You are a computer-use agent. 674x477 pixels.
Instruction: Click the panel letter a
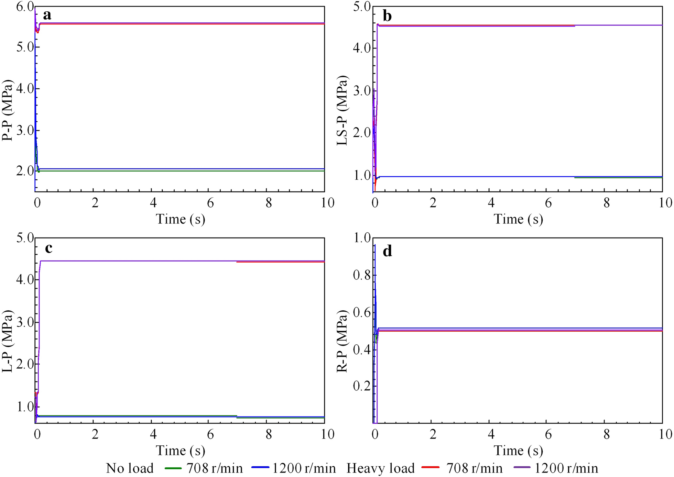[47, 15]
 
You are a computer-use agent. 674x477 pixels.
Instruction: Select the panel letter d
[387, 251]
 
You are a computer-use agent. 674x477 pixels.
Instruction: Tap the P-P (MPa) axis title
[8, 110]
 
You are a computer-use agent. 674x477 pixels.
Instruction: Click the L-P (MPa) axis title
[8, 341]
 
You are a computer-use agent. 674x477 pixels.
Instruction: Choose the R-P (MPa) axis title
[342, 341]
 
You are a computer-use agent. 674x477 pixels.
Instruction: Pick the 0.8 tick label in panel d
[362, 275]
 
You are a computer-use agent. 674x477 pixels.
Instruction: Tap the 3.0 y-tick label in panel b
[362, 91]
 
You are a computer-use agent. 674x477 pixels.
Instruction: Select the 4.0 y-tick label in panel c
[25, 279]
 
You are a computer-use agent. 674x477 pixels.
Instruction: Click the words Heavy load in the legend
[380, 468]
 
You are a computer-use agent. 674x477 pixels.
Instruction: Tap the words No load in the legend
[130, 468]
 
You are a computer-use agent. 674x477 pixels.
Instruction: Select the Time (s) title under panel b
[518, 219]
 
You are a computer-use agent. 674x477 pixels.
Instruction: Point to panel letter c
[48, 248]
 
